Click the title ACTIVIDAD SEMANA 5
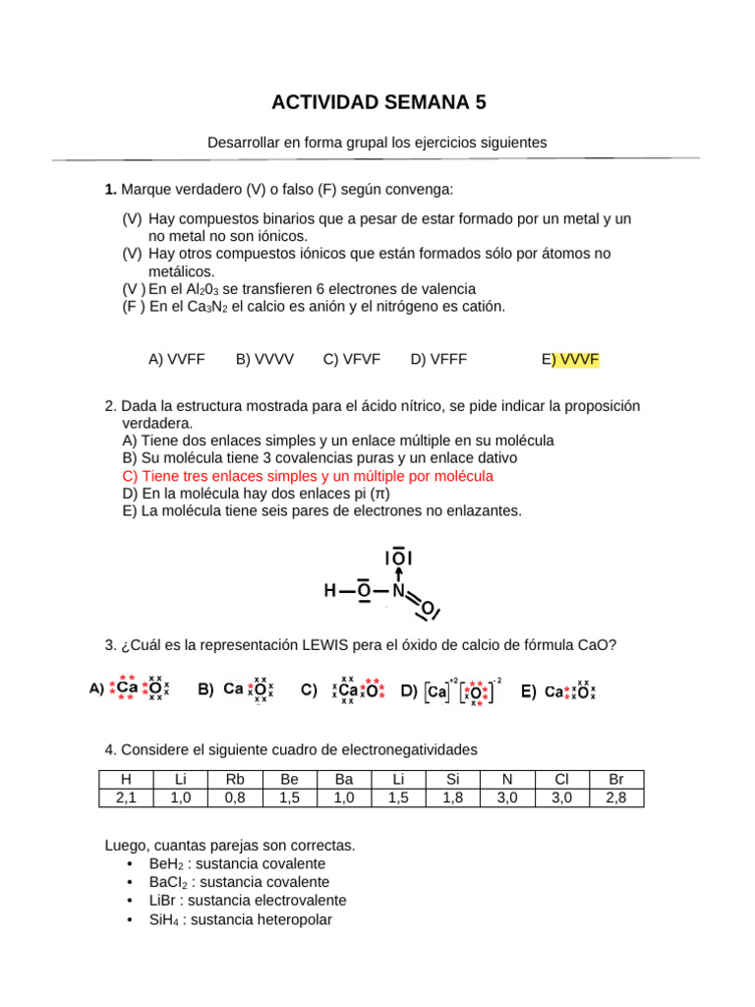(x=377, y=102)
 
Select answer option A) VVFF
(x=177, y=360)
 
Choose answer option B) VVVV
(x=264, y=360)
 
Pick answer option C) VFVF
(x=352, y=360)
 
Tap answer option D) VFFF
(x=439, y=360)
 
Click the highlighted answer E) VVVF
(x=570, y=360)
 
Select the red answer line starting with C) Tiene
(x=308, y=476)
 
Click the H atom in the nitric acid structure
(x=331, y=591)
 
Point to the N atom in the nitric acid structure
(x=398, y=591)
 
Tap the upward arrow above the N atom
(x=398, y=572)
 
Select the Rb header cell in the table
(x=235, y=780)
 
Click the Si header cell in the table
(x=452, y=780)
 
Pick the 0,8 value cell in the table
(x=235, y=798)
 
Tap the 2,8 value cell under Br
(x=616, y=798)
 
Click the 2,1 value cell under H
(x=126, y=798)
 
